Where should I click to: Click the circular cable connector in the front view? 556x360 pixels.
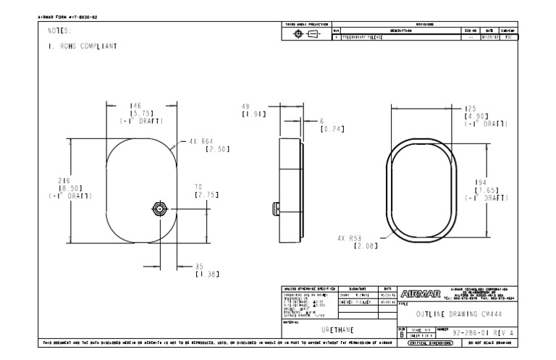(159, 209)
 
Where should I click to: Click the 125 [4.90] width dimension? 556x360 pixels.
(473, 115)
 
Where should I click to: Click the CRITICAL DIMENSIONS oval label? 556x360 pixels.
(431, 343)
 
